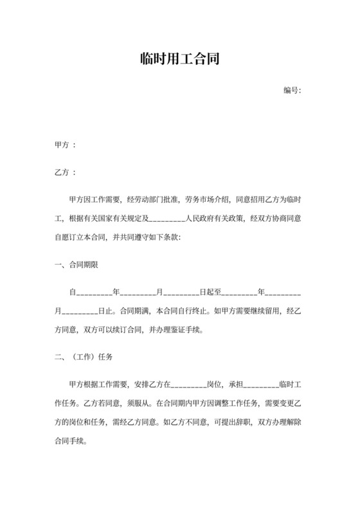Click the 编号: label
292,90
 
